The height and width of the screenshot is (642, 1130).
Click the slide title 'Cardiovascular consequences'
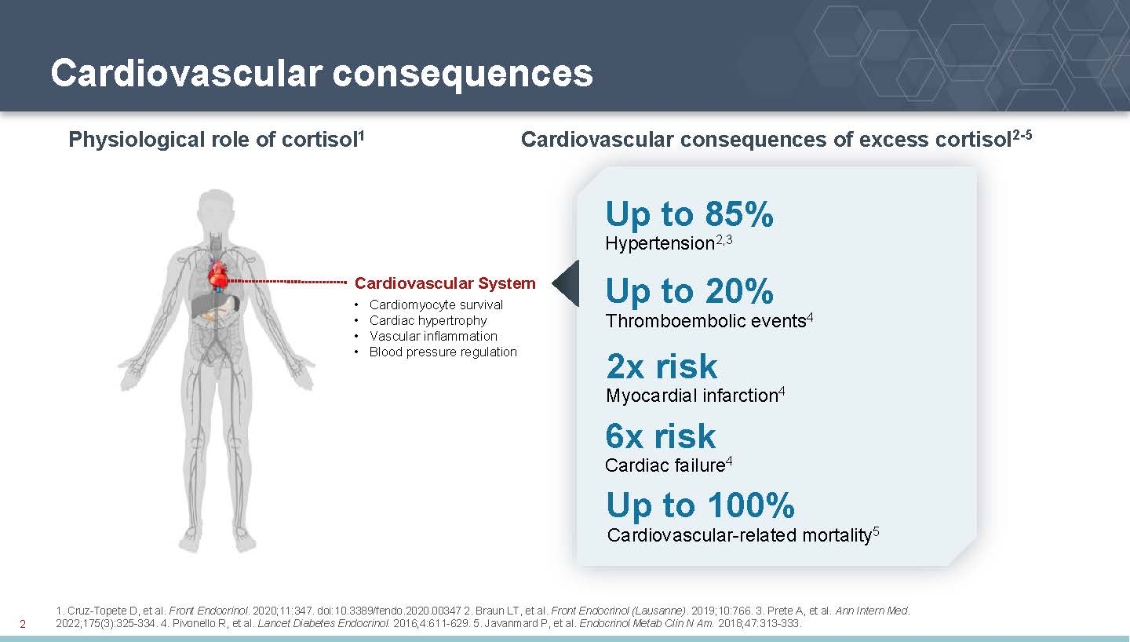(x=322, y=73)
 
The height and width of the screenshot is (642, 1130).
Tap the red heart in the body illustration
(x=218, y=275)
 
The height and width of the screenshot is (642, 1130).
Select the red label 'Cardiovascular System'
(x=445, y=283)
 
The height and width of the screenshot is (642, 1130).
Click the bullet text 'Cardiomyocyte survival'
(x=436, y=305)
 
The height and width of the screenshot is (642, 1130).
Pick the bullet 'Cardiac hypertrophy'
(x=428, y=320)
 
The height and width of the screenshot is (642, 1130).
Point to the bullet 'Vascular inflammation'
(x=433, y=336)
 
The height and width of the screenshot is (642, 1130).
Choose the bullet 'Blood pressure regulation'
(x=443, y=352)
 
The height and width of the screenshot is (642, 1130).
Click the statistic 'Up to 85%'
(x=689, y=214)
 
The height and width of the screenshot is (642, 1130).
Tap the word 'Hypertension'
(x=660, y=243)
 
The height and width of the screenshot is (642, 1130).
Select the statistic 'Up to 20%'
(x=689, y=291)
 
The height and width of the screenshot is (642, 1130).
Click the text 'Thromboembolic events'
(x=705, y=321)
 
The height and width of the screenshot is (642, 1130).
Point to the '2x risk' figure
(x=662, y=367)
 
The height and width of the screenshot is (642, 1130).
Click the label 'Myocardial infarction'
(x=691, y=396)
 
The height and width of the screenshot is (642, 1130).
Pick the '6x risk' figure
(x=661, y=436)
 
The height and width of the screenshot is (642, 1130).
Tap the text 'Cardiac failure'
(x=665, y=465)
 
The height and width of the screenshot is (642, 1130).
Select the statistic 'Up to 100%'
(x=700, y=505)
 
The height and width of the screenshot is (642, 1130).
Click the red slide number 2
(x=23, y=624)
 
